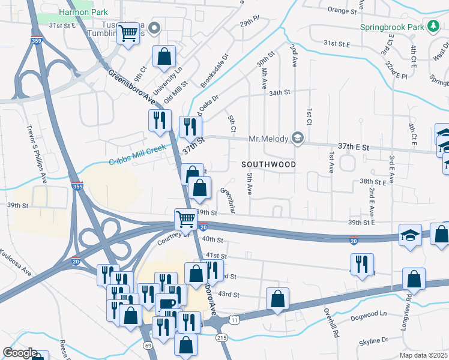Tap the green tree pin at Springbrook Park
(433, 26)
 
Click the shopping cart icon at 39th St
(185, 219)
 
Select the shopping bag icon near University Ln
(164, 56)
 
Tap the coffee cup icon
(166, 304)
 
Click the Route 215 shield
(222, 338)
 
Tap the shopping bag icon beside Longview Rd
(414, 279)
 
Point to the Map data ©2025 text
(423, 355)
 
